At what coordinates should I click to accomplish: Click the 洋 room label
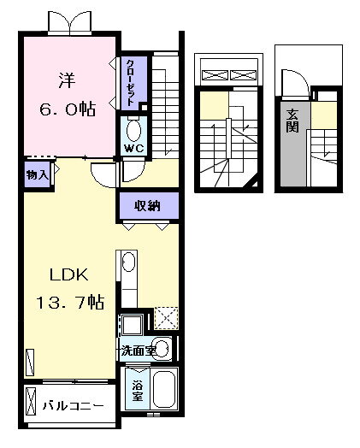pos(68,81)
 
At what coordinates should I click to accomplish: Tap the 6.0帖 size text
pos(68,109)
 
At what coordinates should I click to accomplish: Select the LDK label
pos(69,274)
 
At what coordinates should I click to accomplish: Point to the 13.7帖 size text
pos(70,303)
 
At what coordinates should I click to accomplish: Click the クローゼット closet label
pos(131,83)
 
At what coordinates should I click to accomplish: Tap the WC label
pos(133,149)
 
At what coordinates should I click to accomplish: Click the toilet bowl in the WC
pos(133,131)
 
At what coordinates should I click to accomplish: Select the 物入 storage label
pos(37,175)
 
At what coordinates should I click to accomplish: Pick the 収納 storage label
pos(147,206)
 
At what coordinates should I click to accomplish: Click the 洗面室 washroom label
pos(138,351)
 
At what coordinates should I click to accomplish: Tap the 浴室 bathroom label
pos(137,391)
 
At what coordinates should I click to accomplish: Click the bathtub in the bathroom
pos(164,389)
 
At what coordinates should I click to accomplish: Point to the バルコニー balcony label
pos(74,406)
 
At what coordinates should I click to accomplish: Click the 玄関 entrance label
pos(292,121)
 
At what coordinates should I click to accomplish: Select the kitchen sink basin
pos(128,262)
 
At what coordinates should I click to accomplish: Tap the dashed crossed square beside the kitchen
pos(166,318)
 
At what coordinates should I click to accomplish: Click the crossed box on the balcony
pos(30,401)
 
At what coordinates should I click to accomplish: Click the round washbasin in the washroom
pos(162,348)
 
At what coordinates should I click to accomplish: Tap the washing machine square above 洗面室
pos(132,325)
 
